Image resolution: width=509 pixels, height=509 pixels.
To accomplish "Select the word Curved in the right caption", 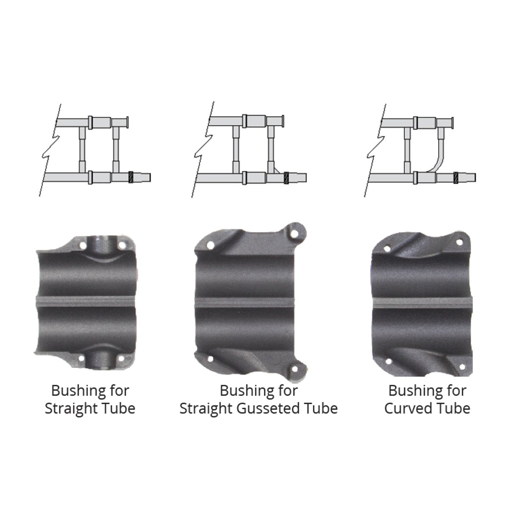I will (406, 409).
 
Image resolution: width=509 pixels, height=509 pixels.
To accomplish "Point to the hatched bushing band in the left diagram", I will (131, 176).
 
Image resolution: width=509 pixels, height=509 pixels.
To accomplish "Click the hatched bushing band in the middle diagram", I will (287, 177).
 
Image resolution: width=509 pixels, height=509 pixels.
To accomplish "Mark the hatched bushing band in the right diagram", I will (456, 176).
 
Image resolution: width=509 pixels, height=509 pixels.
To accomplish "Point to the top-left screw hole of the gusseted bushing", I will (209, 245).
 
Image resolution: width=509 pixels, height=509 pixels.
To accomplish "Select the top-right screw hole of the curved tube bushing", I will (458, 242).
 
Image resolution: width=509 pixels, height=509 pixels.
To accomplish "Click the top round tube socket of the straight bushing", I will (101, 245).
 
